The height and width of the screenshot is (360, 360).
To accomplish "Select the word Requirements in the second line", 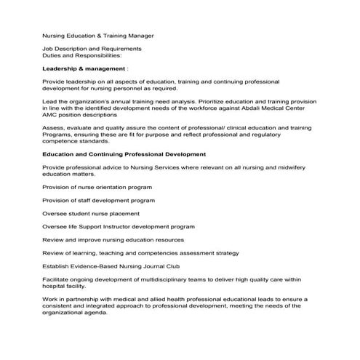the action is pyautogui.click(x=119, y=48).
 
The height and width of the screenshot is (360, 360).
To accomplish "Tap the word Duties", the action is pyautogui.click(x=52, y=55).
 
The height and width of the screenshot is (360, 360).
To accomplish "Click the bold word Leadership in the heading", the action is pyautogui.click(x=60, y=68).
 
